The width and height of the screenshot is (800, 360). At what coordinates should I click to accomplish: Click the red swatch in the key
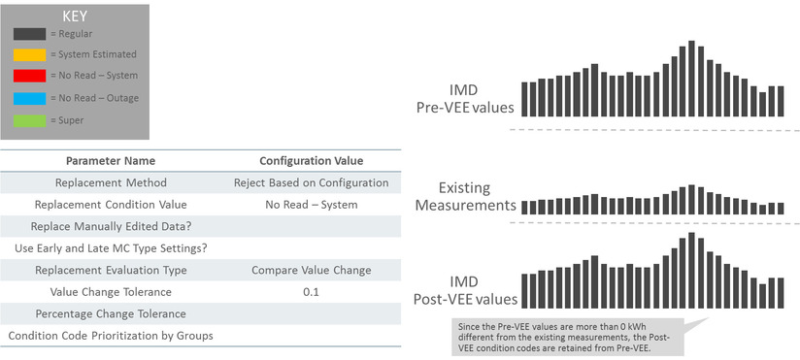click(29, 76)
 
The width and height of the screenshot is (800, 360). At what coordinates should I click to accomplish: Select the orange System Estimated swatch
click(29, 54)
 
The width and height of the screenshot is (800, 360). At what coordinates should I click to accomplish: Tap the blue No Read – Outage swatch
click(29, 98)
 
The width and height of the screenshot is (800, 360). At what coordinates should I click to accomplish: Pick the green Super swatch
click(29, 120)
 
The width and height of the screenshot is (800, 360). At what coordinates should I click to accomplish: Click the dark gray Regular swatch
click(29, 33)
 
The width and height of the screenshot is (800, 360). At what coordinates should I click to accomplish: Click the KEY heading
click(74, 16)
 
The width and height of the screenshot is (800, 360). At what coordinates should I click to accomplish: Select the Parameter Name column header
click(110, 160)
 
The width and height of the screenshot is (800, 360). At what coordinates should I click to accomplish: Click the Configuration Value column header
click(311, 160)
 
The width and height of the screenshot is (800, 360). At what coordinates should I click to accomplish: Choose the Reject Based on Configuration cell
click(311, 182)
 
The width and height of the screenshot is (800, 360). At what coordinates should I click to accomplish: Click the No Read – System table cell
click(311, 205)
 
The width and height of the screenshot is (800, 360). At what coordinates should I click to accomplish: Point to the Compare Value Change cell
click(311, 270)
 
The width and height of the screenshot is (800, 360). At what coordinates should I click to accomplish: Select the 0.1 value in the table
click(311, 292)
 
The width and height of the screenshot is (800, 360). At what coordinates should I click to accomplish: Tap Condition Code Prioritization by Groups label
click(110, 336)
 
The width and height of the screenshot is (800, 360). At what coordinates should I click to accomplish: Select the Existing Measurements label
click(463, 196)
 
